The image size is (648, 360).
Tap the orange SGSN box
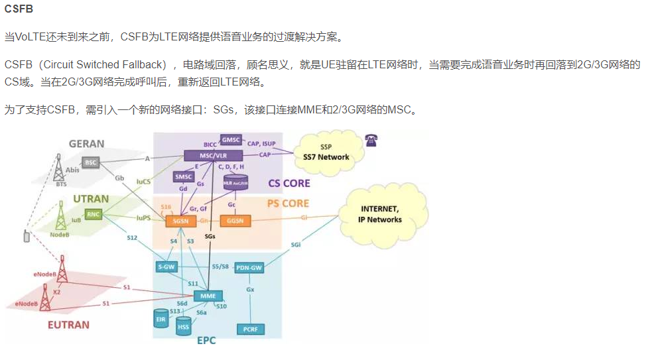tap(180, 220)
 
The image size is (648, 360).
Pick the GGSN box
tap(235, 220)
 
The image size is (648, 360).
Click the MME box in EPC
tap(208, 296)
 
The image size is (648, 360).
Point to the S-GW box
tap(166, 267)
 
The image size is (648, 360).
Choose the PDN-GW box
tap(250, 268)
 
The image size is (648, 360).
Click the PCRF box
tap(250, 328)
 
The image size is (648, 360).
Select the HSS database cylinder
tap(184, 326)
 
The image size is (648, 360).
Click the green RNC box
tap(94, 214)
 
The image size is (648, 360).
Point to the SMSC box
tap(183, 176)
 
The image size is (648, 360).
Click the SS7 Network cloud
tap(324, 152)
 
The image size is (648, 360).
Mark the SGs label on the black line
tap(210, 236)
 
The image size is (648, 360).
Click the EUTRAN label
tap(68, 325)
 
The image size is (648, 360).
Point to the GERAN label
tap(86, 143)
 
